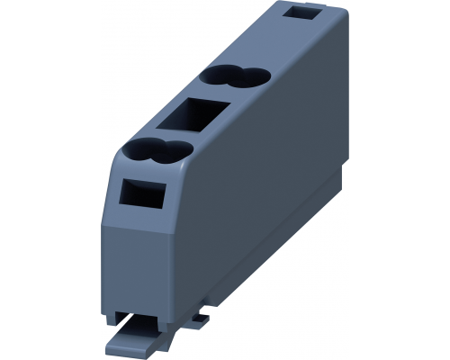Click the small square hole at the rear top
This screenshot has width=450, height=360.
320,13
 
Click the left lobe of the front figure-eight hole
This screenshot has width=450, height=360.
142,150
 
